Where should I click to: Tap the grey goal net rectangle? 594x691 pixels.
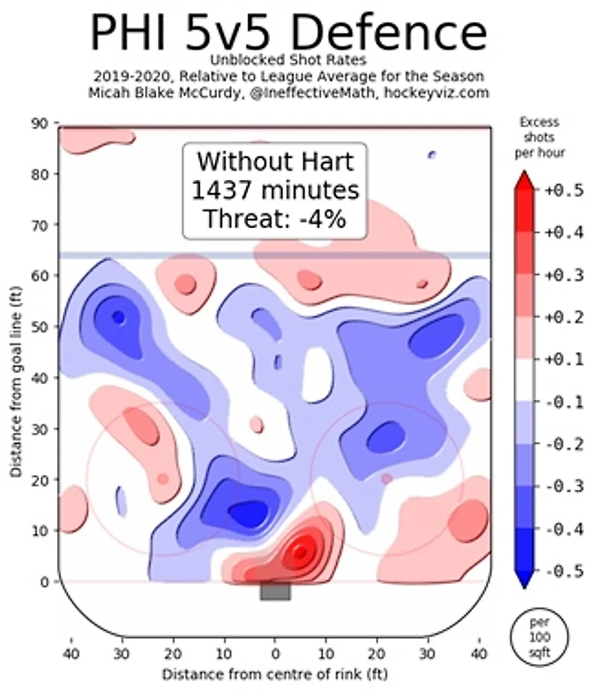coord(275,592)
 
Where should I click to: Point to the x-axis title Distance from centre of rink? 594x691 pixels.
coord(275,674)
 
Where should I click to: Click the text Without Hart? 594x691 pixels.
coord(276,161)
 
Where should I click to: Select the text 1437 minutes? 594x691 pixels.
coord(276,190)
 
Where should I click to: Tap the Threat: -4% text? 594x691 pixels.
coord(276,218)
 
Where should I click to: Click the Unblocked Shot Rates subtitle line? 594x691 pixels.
coord(288,60)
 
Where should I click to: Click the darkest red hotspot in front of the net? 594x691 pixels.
coord(301,553)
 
